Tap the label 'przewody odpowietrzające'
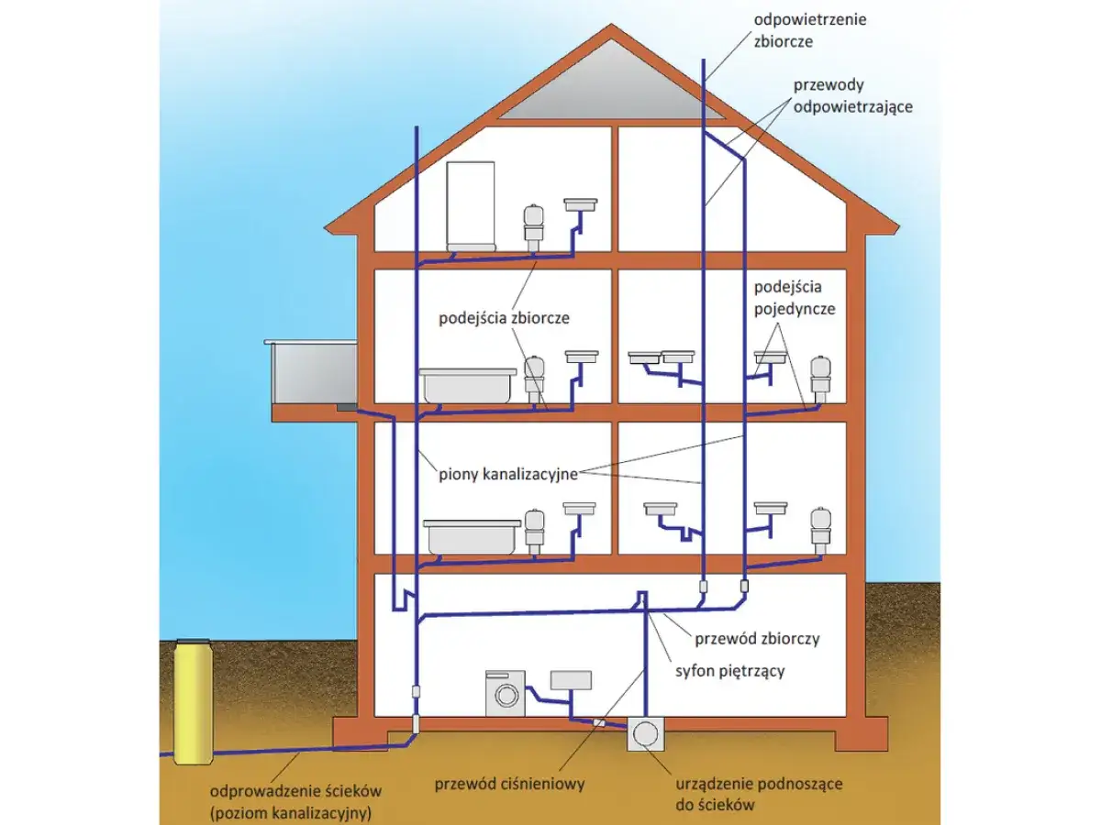pos(853,94)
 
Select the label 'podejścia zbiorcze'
pos(504,318)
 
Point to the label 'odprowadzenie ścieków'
pos(295,790)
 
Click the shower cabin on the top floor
pos(471,206)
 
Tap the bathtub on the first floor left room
pos(471,537)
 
